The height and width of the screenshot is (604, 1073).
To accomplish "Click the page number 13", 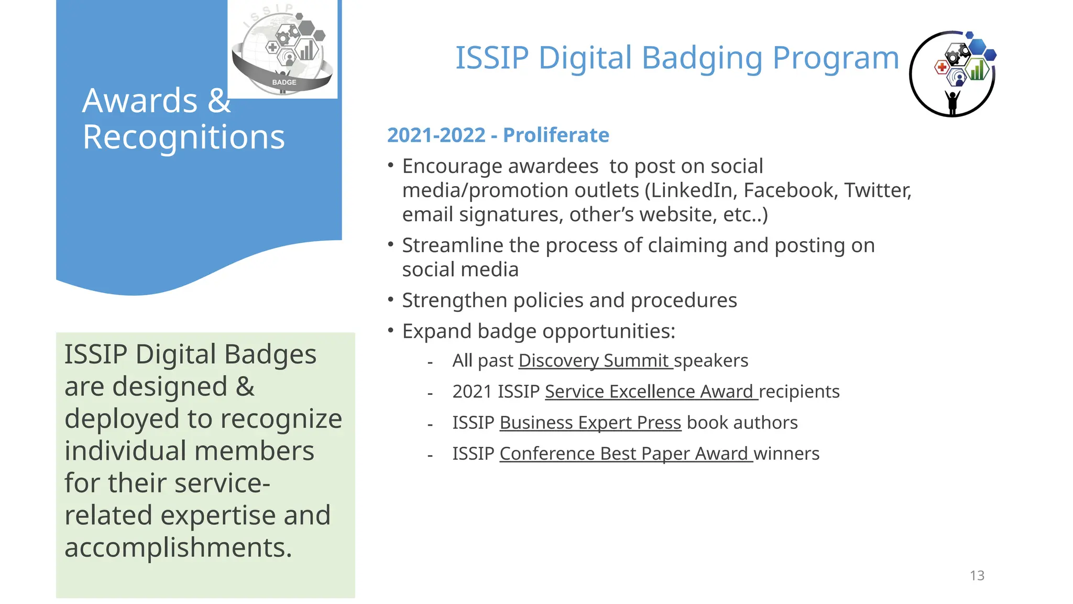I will tap(977, 576).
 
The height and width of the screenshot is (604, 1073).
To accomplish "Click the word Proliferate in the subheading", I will tap(556, 135).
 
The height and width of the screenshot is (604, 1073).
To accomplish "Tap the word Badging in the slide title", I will tap(702, 58).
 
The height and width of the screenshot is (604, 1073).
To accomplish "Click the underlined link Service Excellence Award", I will tap(651, 392).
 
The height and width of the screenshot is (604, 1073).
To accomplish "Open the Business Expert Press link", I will tap(590, 423).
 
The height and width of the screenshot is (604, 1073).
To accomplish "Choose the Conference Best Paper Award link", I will tap(626, 454).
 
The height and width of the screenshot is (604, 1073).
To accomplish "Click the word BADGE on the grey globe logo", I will tap(284, 82).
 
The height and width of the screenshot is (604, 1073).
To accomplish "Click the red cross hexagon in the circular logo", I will tap(942, 67).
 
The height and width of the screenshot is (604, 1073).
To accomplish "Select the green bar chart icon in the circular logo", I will tap(977, 70).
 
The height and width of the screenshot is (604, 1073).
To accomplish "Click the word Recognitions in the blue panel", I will tap(183, 137).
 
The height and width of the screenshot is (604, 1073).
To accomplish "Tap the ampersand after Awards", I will tap(219, 101).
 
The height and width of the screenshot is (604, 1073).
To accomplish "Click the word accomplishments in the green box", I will tap(178, 547).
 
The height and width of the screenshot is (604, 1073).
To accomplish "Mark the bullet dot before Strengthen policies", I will tap(390, 299).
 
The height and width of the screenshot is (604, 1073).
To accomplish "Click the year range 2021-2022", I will tap(436, 135).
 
